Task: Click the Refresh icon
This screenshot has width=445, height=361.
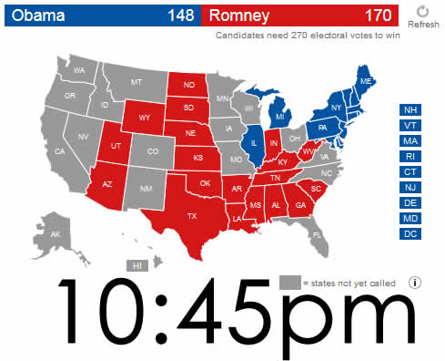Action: (x=422, y=11)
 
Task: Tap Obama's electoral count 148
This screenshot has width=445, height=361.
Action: (x=180, y=15)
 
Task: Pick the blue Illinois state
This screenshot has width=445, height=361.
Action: (x=256, y=143)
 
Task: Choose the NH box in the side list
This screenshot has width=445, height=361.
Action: (x=410, y=110)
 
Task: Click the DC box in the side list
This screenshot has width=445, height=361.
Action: (x=410, y=234)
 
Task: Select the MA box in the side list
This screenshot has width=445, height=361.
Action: (x=410, y=141)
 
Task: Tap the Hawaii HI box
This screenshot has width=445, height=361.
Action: (x=138, y=265)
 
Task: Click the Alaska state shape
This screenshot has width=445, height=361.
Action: (x=55, y=233)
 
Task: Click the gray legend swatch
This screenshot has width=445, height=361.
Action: (x=289, y=282)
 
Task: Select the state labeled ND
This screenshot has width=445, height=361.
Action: (x=189, y=86)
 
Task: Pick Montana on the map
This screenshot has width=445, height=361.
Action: (x=137, y=82)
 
